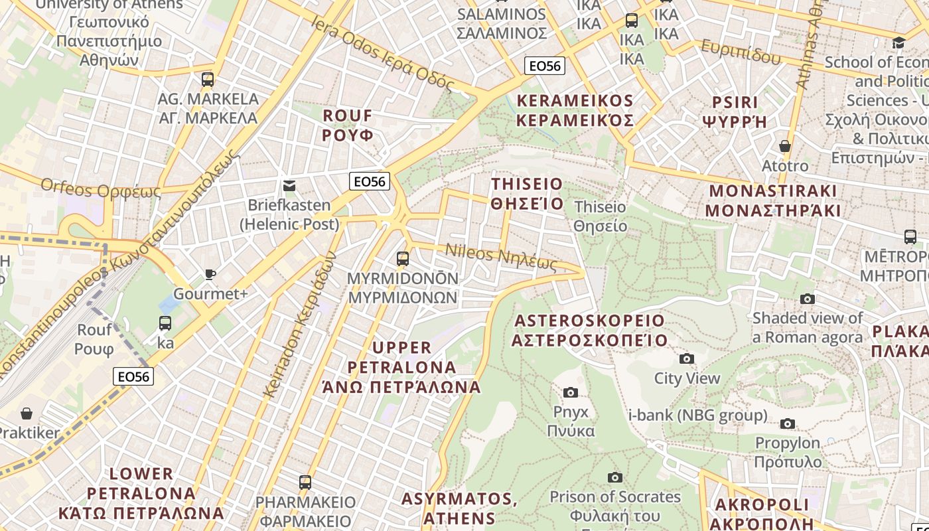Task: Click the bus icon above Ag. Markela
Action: [208, 80]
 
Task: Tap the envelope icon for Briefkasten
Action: [289, 185]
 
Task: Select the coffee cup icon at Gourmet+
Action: [210, 274]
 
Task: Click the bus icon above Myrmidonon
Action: [403, 259]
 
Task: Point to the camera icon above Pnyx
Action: [570, 392]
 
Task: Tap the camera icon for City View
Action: [687, 359]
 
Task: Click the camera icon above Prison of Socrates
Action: [615, 477]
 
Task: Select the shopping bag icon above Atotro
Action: [785, 146]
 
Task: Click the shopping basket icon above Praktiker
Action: [27, 414]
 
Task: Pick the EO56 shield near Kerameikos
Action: [544, 66]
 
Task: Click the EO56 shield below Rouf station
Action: [133, 376]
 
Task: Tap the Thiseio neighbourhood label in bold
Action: [527, 193]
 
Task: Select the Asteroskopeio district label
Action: [589, 331]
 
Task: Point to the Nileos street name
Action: [500, 258]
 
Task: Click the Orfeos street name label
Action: [100, 189]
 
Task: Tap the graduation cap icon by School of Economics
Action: [898, 43]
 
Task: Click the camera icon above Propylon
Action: [788, 423]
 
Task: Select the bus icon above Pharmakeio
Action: [305, 482]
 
